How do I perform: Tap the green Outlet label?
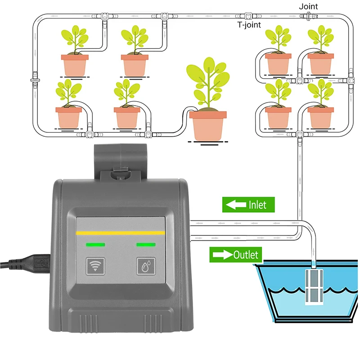234,255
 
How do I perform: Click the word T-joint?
249,25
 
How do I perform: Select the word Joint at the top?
308,6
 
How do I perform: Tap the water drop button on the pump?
146,266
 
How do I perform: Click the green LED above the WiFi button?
96,245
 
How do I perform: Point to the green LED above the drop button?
146,245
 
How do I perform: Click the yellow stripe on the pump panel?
121,233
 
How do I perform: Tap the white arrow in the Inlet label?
235,205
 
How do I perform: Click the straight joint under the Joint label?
309,16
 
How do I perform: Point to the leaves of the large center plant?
208,81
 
